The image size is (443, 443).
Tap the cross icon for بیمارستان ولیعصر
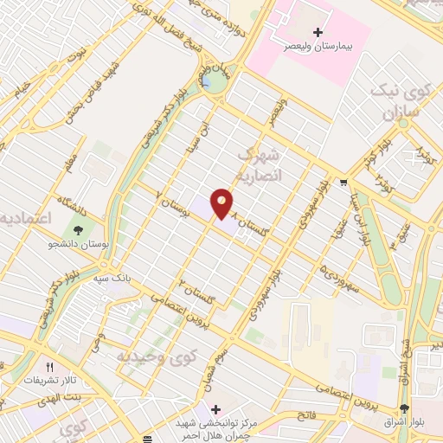point(318,32)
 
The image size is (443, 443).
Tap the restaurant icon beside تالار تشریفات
point(49,368)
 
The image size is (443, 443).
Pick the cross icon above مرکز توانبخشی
point(215,408)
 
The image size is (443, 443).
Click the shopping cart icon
point(344,183)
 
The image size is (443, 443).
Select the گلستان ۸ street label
point(246,219)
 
